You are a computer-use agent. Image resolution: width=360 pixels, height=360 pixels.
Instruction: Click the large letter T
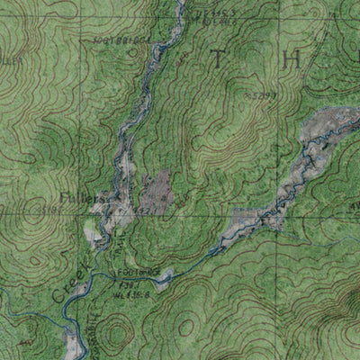217,60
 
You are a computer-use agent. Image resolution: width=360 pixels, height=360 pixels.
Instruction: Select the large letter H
290,59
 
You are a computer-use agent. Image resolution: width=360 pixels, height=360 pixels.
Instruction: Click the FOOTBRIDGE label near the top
119,40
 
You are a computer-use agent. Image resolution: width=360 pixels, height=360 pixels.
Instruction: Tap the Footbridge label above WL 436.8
137,270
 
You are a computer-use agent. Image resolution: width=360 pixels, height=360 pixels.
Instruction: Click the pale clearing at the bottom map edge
73,343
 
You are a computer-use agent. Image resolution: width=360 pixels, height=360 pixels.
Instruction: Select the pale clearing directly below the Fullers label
94,234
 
